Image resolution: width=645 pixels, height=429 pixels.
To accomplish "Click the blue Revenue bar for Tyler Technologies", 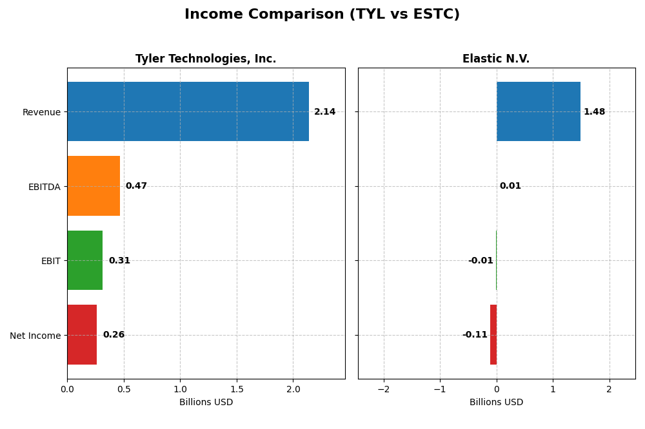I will click(188, 111).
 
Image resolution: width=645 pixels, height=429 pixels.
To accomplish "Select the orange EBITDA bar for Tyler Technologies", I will click(94, 186).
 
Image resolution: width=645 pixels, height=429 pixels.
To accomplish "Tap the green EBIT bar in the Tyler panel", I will click(84, 260).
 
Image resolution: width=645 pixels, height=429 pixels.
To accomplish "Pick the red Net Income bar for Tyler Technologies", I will click(82, 334).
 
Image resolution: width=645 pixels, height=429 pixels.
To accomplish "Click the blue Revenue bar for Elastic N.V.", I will click(538, 111).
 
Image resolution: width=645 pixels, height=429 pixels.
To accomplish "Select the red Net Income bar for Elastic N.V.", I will click(493, 334).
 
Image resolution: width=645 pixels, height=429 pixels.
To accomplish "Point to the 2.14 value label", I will click(324, 112).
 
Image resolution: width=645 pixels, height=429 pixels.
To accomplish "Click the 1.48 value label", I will click(594, 112).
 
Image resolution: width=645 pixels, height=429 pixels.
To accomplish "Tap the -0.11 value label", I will click(475, 335).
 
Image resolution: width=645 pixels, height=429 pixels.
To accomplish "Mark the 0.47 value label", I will click(136, 186).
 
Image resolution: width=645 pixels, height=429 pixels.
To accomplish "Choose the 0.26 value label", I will click(114, 335).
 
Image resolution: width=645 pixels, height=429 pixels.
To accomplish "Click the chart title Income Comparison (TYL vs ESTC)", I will click(322, 14).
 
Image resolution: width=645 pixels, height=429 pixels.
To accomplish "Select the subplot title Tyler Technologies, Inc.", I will click(206, 59).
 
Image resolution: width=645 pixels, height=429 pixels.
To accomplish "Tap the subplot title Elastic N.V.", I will click(496, 59).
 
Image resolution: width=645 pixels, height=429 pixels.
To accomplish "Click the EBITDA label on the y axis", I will click(45, 187).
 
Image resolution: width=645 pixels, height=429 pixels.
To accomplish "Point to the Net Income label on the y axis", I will click(35, 336).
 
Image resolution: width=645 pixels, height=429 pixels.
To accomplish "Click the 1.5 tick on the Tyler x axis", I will click(237, 390).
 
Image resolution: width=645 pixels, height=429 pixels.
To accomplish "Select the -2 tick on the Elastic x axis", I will click(384, 390).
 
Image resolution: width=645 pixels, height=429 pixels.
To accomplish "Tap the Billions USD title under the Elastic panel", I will click(496, 403).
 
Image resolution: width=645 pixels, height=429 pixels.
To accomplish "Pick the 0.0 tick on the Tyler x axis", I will click(67, 390).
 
